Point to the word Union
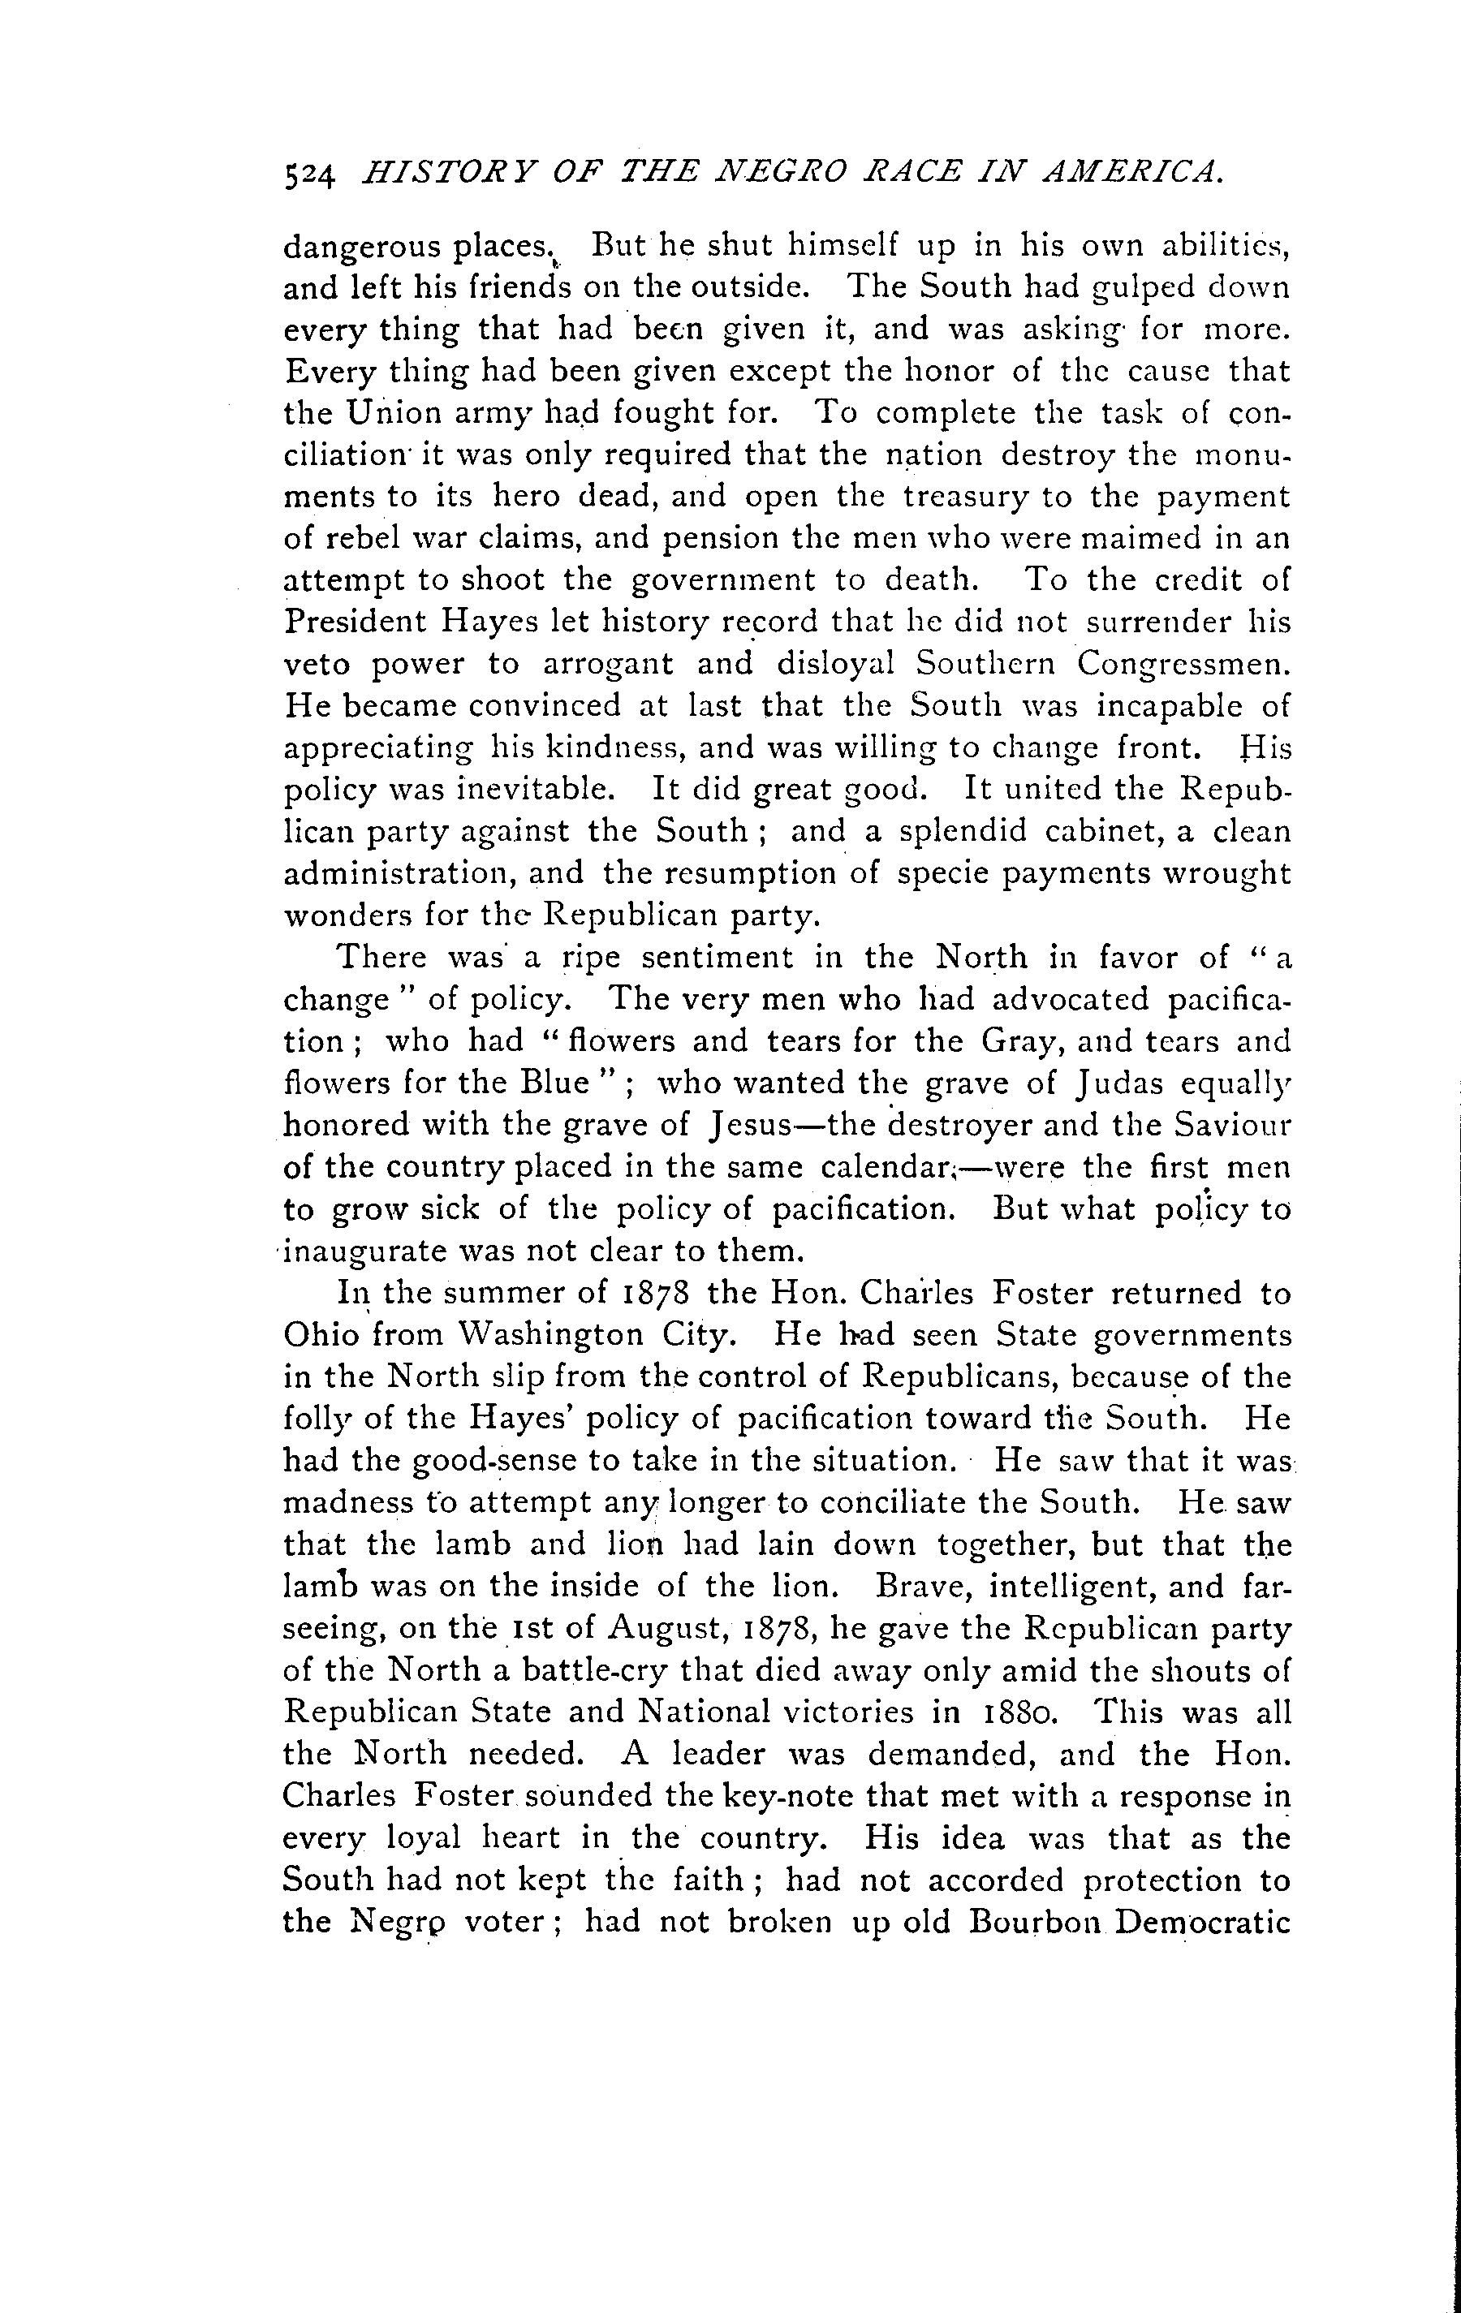click(394, 412)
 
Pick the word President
click(356, 622)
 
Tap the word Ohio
click(321, 1336)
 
